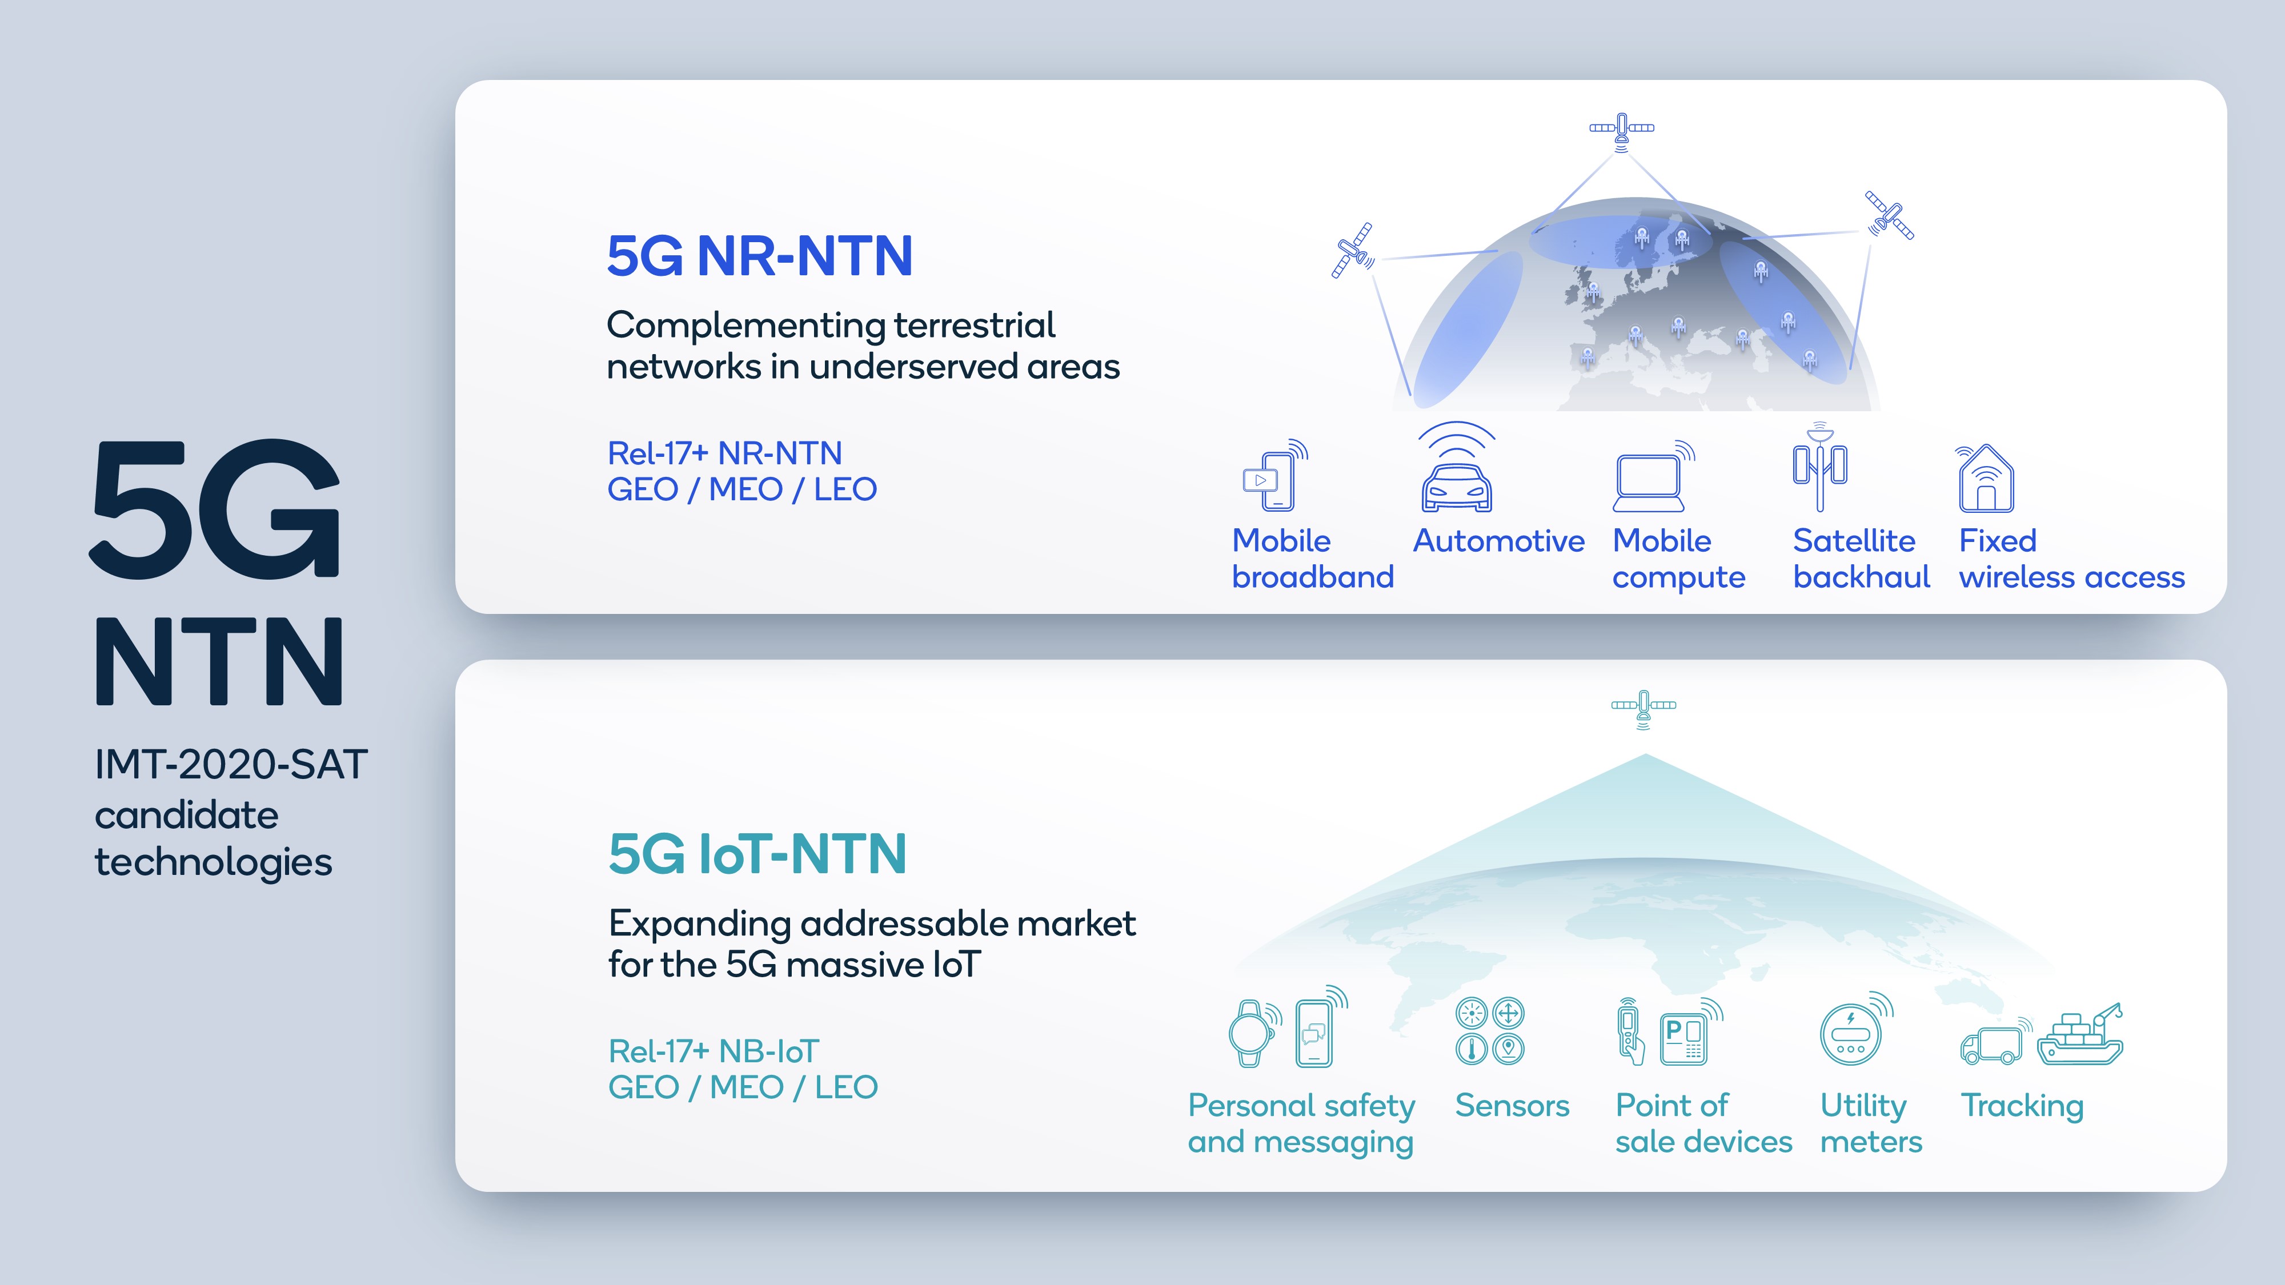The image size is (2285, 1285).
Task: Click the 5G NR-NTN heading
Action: click(759, 256)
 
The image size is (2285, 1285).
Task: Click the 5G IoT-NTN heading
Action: click(757, 854)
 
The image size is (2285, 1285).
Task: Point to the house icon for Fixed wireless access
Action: click(1986, 480)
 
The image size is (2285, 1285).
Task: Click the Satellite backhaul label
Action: click(1861, 559)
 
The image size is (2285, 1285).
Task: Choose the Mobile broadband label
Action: click(1312, 559)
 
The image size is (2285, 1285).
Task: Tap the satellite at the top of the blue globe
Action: click(1622, 130)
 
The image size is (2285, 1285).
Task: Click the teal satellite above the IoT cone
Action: click(1643, 707)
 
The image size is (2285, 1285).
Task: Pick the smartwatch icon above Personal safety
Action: click(1250, 1033)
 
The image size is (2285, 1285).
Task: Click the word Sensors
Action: click(1512, 1106)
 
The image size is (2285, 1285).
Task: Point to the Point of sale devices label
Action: click(1703, 1123)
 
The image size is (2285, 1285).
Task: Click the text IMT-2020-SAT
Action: click(231, 765)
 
